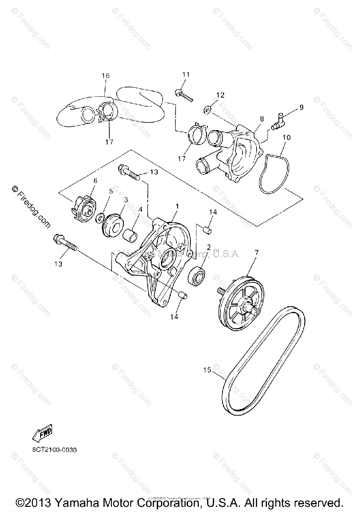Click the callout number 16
105,76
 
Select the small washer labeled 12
207,110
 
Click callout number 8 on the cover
261,118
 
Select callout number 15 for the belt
207,370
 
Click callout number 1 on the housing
177,206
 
